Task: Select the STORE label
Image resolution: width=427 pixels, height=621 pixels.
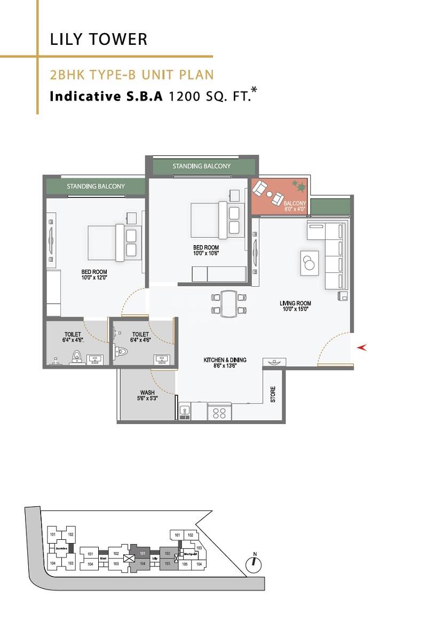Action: (273, 394)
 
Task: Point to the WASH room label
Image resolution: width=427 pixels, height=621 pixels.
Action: (147, 393)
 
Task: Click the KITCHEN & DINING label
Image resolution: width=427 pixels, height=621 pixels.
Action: (225, 360)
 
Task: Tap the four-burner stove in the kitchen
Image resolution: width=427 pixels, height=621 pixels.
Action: (219, 412)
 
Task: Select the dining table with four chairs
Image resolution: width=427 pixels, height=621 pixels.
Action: (228, 303)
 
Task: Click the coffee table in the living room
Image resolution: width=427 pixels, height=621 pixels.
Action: (309, 263)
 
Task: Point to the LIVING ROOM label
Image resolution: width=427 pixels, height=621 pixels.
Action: (295, 304)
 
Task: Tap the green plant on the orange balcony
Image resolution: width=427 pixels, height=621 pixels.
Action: (298, 186)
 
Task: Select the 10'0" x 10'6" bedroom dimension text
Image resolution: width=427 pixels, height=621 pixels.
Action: (206, 254)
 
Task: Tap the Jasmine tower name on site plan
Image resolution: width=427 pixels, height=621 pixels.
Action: (61, 548)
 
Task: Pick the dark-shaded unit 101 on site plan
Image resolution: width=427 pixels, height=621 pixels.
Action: (143, 554)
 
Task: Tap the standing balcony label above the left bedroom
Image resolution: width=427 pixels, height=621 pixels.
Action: (96, 186)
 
